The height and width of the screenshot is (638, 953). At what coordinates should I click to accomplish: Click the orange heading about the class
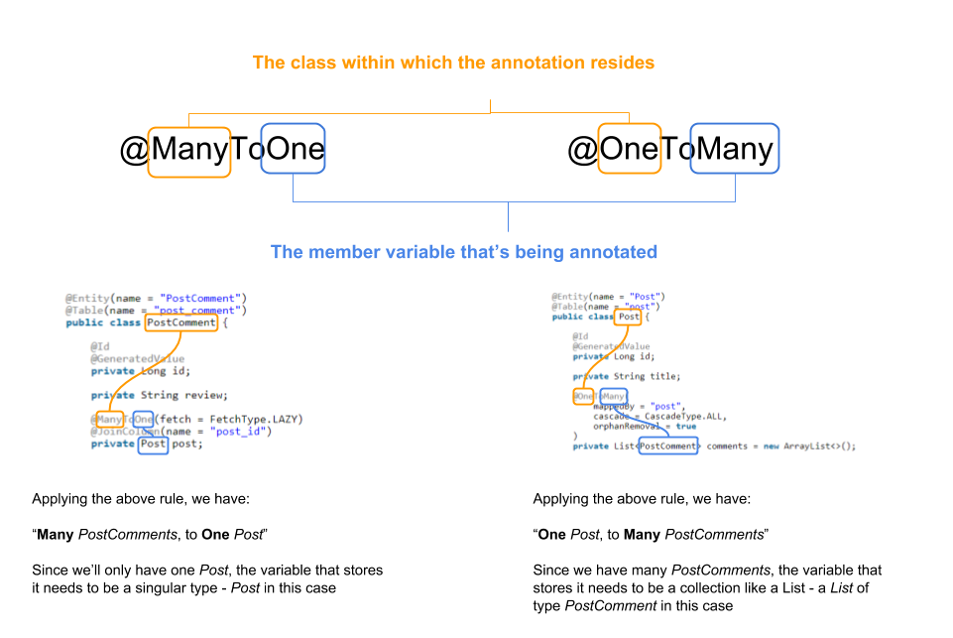click(453, 63)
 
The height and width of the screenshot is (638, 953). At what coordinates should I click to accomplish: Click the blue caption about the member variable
click(464, 252)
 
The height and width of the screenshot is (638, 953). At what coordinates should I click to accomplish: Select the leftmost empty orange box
click(189, 152)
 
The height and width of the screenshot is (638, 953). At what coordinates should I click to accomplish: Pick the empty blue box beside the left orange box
click(293, 148)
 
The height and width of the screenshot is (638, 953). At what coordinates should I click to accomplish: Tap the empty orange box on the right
click(630, 148)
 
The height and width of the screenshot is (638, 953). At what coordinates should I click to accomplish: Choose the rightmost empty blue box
click(735, 148)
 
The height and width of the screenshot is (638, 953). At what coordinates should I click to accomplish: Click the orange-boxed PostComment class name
click(180, 322)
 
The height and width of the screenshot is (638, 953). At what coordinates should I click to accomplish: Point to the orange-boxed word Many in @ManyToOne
click(110, 419)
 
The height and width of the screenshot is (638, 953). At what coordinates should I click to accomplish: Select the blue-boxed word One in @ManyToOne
click(144, 419)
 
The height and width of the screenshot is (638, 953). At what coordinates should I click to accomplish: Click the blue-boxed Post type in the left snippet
click(153, 444)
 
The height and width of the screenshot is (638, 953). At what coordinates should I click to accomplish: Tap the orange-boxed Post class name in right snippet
click(630, 317)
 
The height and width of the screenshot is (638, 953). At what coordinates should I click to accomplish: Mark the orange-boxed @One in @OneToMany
click(583, 396)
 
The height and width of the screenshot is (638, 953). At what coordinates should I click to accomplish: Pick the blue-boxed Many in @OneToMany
click(614, 396)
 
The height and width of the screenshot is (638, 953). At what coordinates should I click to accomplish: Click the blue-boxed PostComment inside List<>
click(667, 447)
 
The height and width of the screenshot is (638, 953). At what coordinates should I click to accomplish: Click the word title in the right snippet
click(663, 376)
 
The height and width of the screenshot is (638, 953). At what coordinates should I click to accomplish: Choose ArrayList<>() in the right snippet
click(818, 447)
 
